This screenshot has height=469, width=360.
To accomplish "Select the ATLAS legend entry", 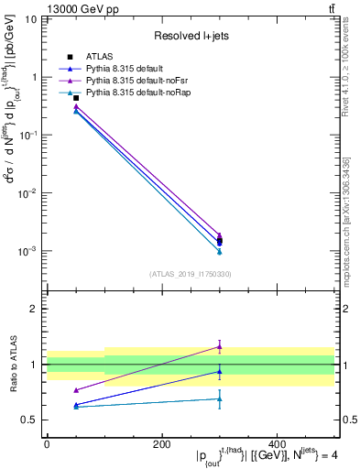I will tap(99, 58).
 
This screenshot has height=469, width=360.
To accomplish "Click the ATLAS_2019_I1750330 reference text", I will tap(190, 274).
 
